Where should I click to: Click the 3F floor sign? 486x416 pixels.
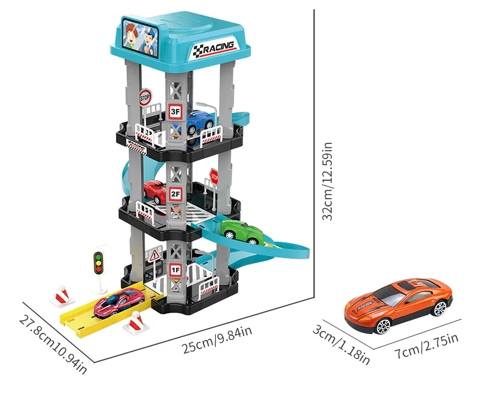pos(176,111)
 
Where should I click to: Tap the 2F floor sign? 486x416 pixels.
pos(176,194)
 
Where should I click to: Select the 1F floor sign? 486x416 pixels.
pos(176,270)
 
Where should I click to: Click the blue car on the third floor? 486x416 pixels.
pos(200,121)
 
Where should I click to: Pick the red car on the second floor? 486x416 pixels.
pos(155,191)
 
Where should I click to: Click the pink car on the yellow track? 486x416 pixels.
pos(118,302)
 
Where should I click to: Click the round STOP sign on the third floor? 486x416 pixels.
pos(145,98)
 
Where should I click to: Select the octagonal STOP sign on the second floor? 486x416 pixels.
pos(214,177)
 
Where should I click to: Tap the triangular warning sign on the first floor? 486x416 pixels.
pos(154,256)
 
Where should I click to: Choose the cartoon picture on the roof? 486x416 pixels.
pos(140,38)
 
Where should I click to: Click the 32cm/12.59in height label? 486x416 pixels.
pos(327,181)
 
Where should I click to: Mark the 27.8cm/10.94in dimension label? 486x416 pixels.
pos(53,344)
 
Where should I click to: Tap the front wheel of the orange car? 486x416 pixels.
pos(383,326)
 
